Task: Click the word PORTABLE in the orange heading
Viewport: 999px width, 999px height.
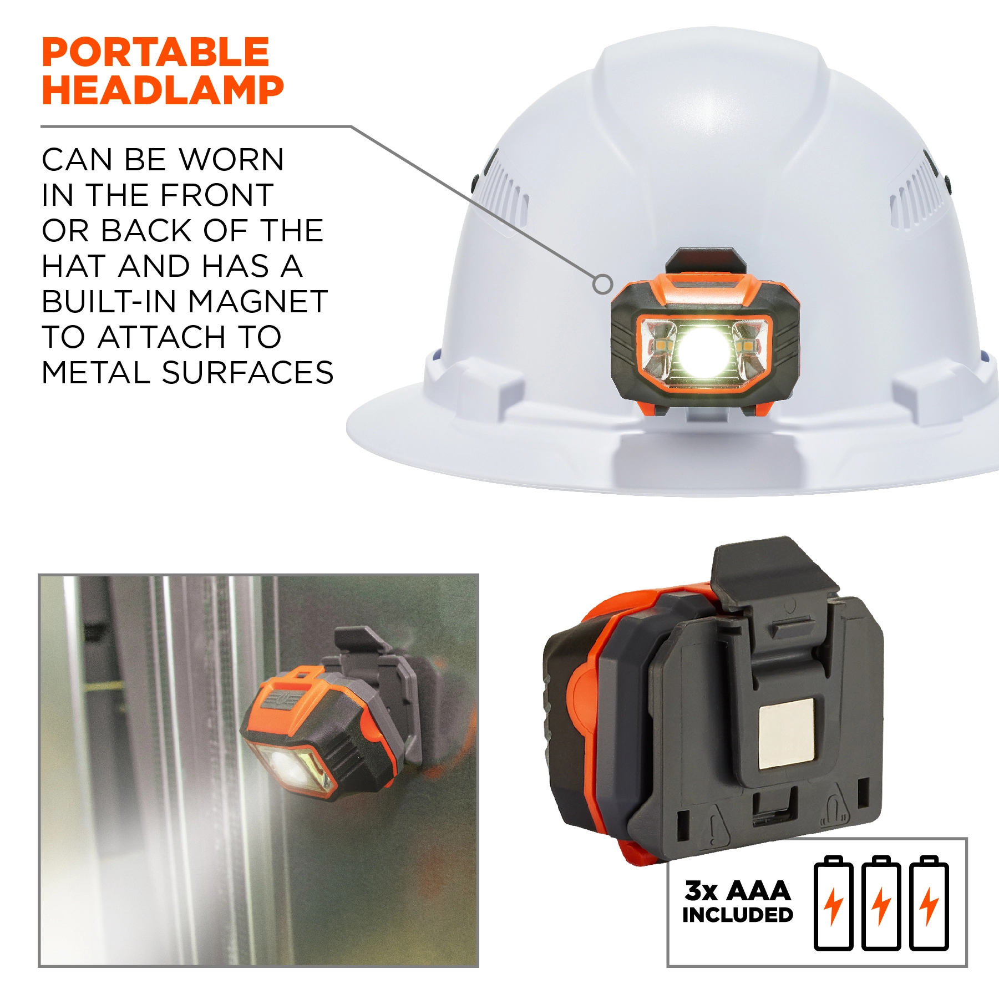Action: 155,52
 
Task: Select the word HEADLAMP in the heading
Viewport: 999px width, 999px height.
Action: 163,90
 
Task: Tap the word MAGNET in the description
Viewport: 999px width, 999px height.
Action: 258,302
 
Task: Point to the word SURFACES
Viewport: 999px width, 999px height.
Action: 247,372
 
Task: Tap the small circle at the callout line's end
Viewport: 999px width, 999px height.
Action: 603,285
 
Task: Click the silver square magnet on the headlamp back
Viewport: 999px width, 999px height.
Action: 786,733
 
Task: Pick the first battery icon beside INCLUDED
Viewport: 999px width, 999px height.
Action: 833,903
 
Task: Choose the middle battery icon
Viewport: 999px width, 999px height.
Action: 881,903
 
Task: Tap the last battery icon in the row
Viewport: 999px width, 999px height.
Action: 929,903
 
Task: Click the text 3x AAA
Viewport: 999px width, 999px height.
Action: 737,891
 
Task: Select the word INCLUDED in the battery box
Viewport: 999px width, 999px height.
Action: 737,915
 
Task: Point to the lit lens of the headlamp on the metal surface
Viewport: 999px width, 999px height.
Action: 291,768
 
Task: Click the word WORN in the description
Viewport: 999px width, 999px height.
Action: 231,160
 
